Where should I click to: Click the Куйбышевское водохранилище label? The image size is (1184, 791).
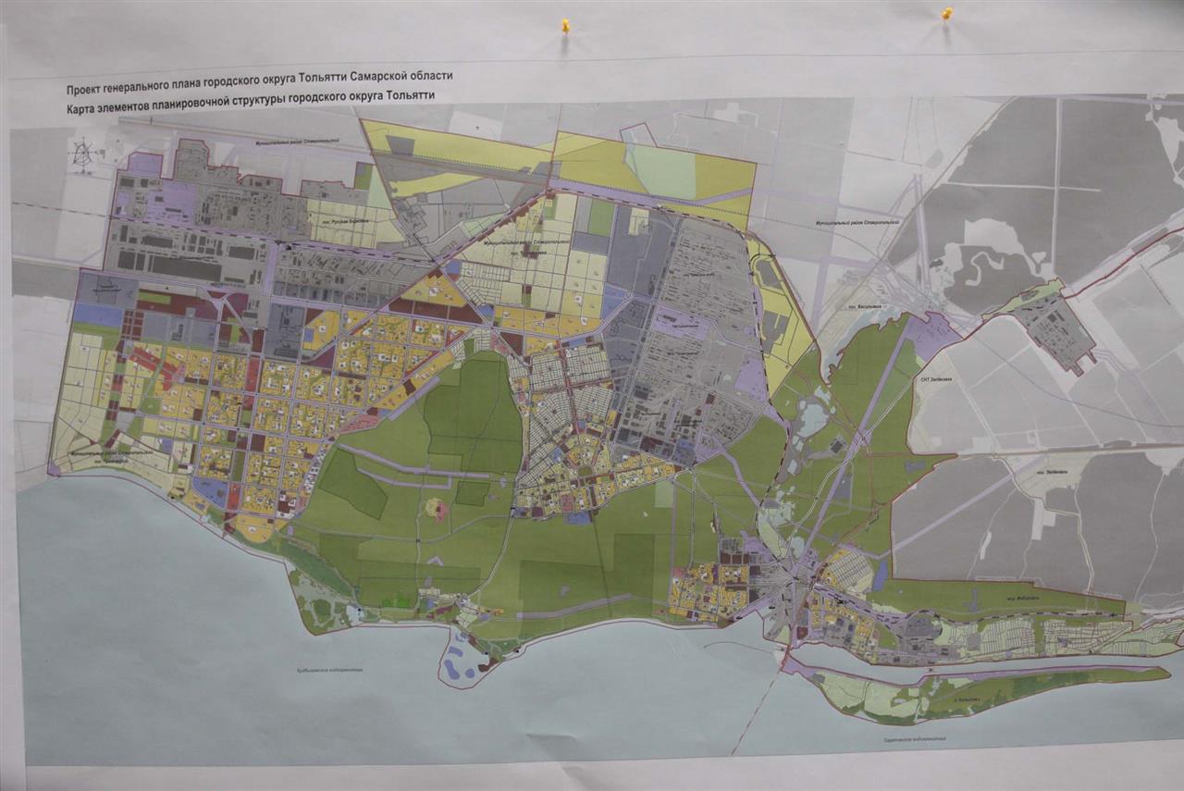(330, 672)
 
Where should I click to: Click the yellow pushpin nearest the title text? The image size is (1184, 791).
(565, 26)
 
